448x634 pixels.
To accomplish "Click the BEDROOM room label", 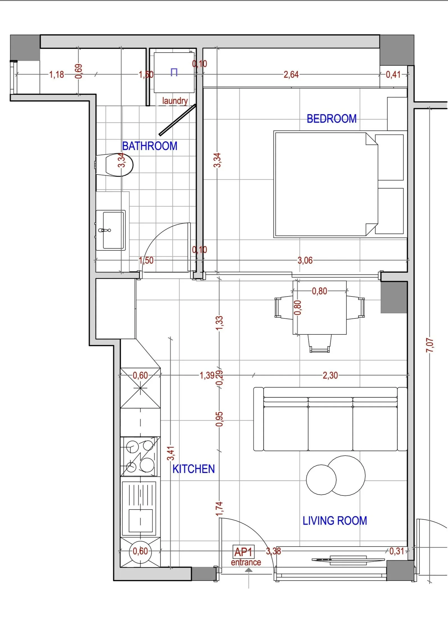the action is pyautogui.click(x=331, y=119).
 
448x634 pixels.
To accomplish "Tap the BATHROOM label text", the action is pyautogui.click(x=150, y=146).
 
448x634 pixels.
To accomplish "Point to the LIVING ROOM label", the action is pyautogui.click(x=335, y=521).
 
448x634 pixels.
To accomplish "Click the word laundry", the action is pyautogui.click(x=175, y=101).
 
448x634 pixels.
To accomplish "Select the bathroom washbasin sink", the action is pyautogui.click(x=111, y=230).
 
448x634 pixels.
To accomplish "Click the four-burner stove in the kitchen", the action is pyautogui.click(x=138, y=456).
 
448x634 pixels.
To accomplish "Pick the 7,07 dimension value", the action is pyautogui.click(x=430, y=345).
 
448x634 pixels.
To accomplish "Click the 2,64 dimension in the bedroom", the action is pyautogui.click(x=291, y=74).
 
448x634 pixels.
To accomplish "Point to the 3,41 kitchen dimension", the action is pyautogui.click(x=171, y=453).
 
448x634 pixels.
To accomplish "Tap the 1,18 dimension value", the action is pyautogui.click(x=56, y=74).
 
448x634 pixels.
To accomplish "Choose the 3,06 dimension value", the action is pyautogui.click(x=305, y=261).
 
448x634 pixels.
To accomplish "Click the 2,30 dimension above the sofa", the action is pyautogui.click(x=330, y=375).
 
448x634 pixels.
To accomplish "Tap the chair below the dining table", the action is pyautogui.click(x=319, y=343).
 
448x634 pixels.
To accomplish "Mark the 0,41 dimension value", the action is pyautogui.click(x=393, y=74).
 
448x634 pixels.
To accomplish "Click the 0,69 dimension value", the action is pyautogui.click(x=79, y=71).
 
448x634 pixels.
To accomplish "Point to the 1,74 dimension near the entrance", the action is pyautogui.click(x=219, y=509).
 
